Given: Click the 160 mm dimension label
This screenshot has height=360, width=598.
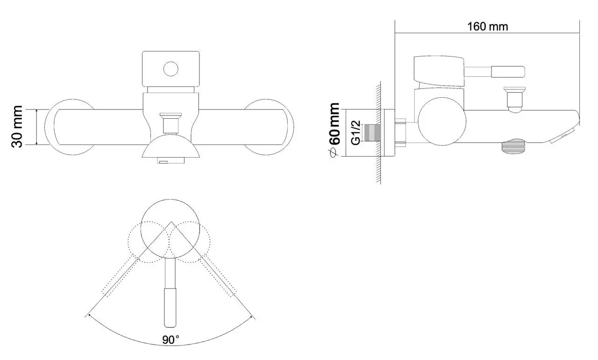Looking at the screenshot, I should click(488, 27).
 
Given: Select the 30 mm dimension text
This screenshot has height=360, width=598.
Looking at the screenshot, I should click(17, 127).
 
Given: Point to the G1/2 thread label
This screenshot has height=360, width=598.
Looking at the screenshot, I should click(356, 133).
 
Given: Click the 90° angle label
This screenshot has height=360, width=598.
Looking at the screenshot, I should click(171, 340).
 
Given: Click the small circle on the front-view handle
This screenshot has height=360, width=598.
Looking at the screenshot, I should click(171, 69).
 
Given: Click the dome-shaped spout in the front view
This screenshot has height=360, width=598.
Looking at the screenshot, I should click(171, 151).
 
